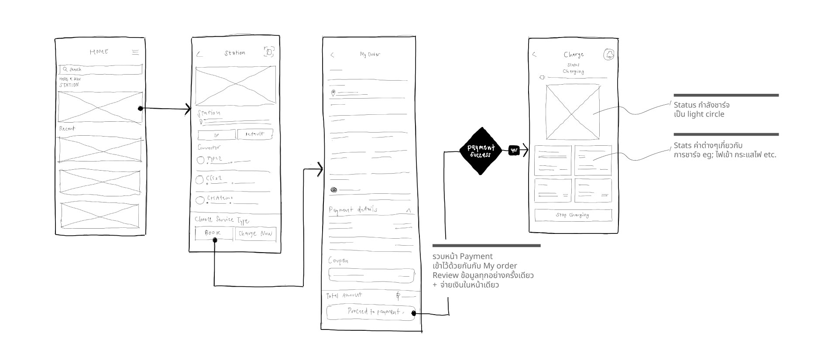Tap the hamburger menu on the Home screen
pyautogui.click(x=135, y=52)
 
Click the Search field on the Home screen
pyautogui.click(x=101, y=69)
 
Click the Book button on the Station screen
pyautogui.click(x=214, y=233)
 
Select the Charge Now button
pyautogui.click(x=255, y=234)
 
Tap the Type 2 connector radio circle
pyautogui.click(x=200, y=160)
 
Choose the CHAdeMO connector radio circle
pyautogui.click(x=200, y=200)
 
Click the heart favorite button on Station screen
pyautogui.click(x=216, y=134)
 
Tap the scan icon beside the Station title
pyautogui.click(x=269, y=52)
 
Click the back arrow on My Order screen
pyautogui.click(x=333, y=55)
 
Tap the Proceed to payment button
pyautogui.click(x=371, y=312)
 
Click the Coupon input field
pyautogui.click(x=371, y=275)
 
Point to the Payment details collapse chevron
pyautogui.click(x=409, y=210)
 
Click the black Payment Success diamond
pyautogui.click(x=481, y=151)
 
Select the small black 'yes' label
pyautogui.click(x=514, y=151)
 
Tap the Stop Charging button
pyautogui.click(x=573, y=215)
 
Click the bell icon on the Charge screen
pyautogui.click(x=609, y=55)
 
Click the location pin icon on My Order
pyautogui.click(x=333, y=93)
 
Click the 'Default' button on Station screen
pyautogui.click(x=255, y=134)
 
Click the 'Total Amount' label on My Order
pyautogui.click(x=344, y=295)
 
